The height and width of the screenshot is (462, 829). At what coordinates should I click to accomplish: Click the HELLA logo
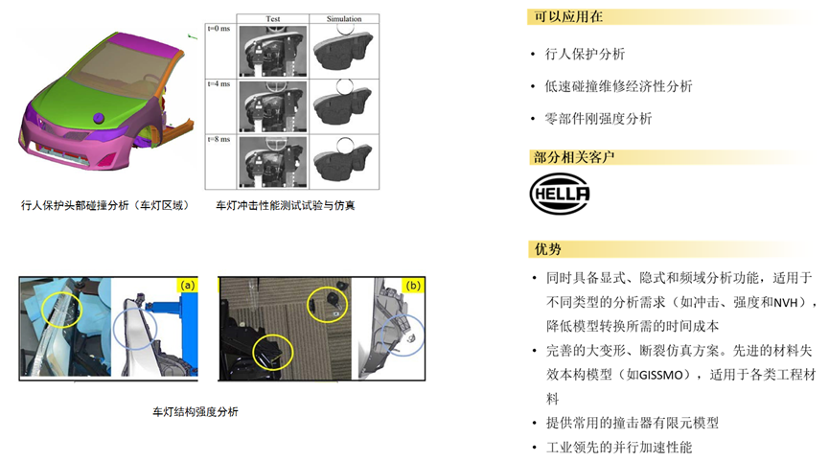coord(560,194)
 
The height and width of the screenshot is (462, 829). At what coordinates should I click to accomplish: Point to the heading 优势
coord(548,249)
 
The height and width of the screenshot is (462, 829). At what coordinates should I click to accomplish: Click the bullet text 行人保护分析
coord(585,54)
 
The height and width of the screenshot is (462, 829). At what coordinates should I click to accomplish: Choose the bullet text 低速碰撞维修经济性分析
coord(618,86)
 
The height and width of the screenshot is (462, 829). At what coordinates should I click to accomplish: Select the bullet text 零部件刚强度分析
coord(598,119)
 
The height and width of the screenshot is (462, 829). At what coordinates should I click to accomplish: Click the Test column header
coord(273,19)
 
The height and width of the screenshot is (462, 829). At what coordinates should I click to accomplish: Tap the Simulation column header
coord(344,19)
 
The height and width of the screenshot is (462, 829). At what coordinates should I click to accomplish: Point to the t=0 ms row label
coord(219,29)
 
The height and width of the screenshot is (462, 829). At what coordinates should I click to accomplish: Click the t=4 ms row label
coord(219,83)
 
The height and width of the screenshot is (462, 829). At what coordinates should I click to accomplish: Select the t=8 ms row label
coord(219,139)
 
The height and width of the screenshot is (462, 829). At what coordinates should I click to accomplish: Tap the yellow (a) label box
coord(187,286)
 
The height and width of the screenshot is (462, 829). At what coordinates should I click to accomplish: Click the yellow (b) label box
coord(413,286)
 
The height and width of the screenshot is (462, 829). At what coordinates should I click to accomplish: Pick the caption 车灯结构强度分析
coord(196,412)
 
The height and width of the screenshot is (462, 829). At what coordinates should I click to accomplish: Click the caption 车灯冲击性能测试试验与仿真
coord(286,205)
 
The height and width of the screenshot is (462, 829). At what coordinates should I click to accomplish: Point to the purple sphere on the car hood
coord(99,119)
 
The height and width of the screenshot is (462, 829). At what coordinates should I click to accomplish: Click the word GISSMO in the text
coord(661,376)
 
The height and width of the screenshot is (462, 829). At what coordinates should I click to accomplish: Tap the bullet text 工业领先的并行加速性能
coord(619,448)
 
